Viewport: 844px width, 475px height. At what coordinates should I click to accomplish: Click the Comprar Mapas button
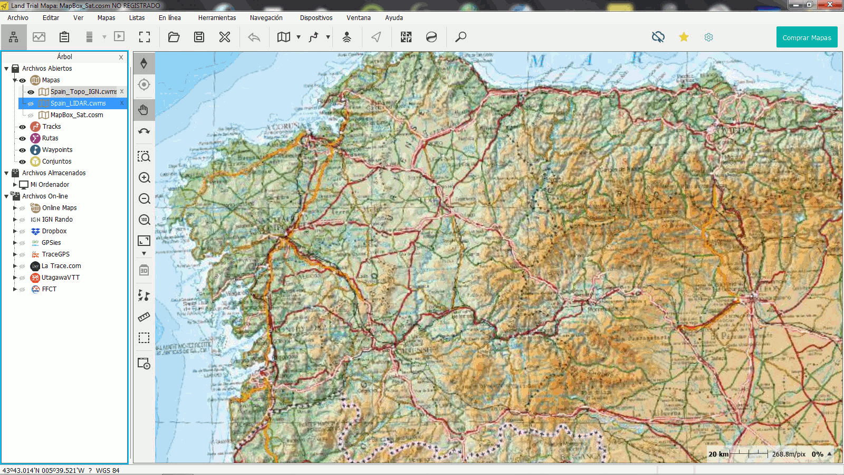click(807, 37)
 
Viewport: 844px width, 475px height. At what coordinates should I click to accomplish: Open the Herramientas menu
click(217, 17)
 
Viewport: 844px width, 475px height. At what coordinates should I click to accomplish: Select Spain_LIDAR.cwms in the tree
click(78, 103)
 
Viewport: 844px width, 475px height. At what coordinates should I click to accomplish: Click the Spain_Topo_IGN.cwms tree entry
click(83, 92)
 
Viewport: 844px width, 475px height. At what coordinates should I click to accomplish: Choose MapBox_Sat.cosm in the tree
click(76, 115)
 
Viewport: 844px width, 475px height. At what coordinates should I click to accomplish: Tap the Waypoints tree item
click(57, 150)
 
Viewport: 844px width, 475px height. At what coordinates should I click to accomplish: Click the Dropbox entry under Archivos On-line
click(54, 231)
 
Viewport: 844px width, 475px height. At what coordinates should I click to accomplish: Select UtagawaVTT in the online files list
click(61, 278)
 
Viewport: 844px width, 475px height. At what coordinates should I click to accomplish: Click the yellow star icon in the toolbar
click(684, 37)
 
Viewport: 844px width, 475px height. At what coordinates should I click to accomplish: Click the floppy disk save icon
click(199, 37)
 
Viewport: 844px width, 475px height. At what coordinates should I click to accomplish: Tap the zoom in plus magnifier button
click(144, 178)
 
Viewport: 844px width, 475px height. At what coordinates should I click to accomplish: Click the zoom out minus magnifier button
click(144, 199)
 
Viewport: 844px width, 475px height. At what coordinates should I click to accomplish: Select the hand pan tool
click(143, 110)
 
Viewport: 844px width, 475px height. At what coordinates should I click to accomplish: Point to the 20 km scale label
click(718, 454)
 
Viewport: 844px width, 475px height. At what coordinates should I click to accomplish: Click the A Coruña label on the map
click(283, 127)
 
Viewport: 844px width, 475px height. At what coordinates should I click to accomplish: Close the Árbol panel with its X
click(121, 57)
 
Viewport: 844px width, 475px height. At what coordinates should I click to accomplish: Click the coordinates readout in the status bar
click(43, 470)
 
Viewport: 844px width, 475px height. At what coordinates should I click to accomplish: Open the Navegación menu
click(266, 17)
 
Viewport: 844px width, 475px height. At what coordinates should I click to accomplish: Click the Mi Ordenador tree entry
click(50, 185)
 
